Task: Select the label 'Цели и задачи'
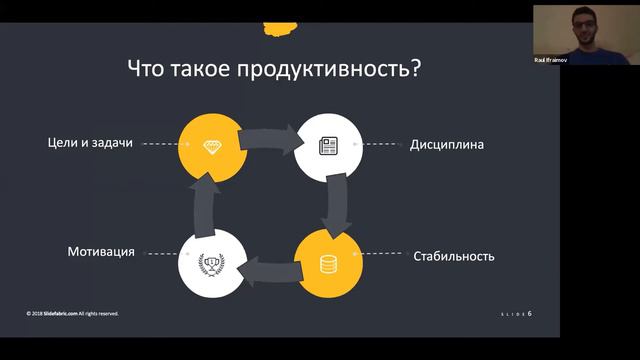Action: pos(90,143)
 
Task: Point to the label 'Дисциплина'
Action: pos(447,144)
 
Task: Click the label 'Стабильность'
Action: pos(454,256)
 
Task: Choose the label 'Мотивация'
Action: pos(101,250)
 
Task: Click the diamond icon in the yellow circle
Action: pos(211,146)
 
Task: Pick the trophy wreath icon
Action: pos(211,264)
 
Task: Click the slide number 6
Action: pos(530,314)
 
